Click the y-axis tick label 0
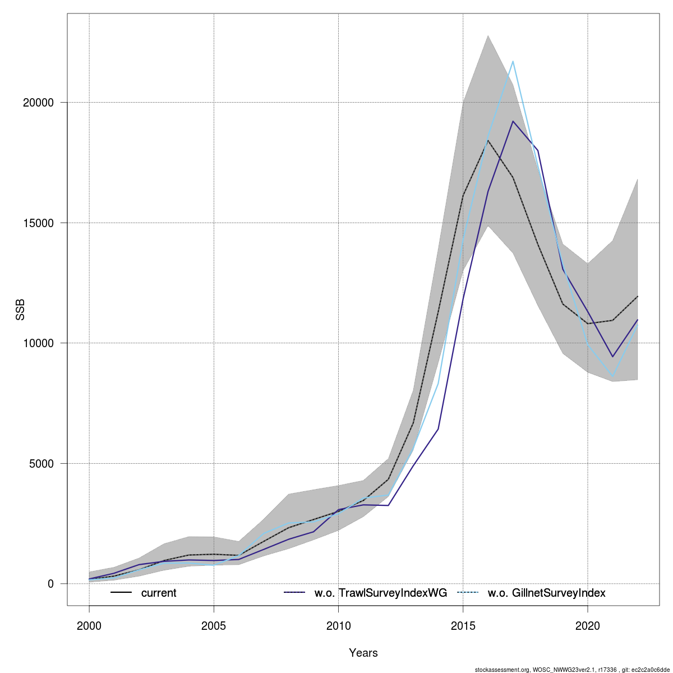50,584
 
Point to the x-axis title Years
363,653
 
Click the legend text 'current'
159,593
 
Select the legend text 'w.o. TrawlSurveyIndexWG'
381,593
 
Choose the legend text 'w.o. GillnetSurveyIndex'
547,593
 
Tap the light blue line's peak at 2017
513,61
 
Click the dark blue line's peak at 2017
513,121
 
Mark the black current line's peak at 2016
488,140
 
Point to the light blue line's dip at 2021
612,377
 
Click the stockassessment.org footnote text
571,670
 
